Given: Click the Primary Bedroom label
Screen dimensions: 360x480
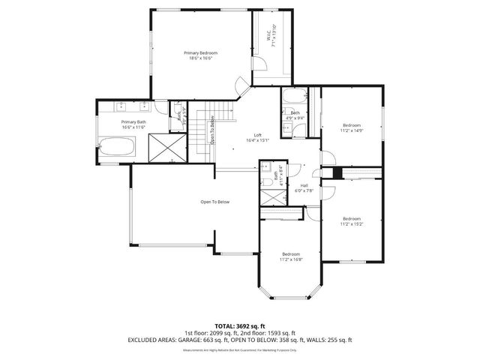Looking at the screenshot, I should click(200, 52).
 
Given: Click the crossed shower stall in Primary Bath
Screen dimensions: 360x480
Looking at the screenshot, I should click(166, 147).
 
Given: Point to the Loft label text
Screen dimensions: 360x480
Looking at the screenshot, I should click(257, 135).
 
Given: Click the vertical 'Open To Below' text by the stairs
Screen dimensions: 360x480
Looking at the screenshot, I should click(213, 129).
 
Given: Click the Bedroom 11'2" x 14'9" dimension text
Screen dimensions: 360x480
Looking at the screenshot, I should click(352, 130).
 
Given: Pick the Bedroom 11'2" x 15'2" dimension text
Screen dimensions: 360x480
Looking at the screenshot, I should click(351, 223).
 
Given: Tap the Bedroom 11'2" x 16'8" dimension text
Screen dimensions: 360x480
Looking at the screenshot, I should click(290, 259).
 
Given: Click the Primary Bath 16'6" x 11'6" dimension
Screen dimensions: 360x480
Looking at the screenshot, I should click(133, 127).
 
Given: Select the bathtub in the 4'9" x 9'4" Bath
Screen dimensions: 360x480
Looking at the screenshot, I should click(292, 97).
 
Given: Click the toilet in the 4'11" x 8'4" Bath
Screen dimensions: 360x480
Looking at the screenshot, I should click(267, 182).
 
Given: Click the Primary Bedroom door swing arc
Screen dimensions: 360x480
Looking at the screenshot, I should click(241, 85).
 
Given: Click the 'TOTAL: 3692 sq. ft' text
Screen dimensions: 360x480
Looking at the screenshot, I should click(239, 326).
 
